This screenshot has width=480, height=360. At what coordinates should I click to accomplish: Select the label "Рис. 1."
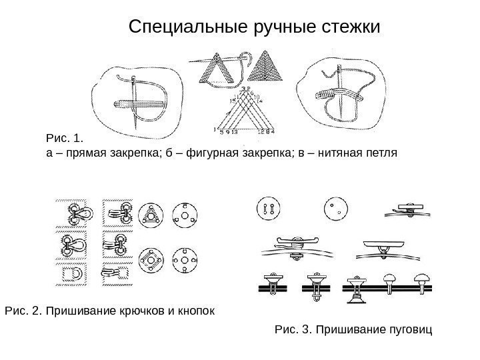click(63, 139)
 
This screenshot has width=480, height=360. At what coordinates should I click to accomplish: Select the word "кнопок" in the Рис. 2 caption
click(197, 311)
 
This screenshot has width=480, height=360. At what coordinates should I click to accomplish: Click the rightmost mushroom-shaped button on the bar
click(421, 282)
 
